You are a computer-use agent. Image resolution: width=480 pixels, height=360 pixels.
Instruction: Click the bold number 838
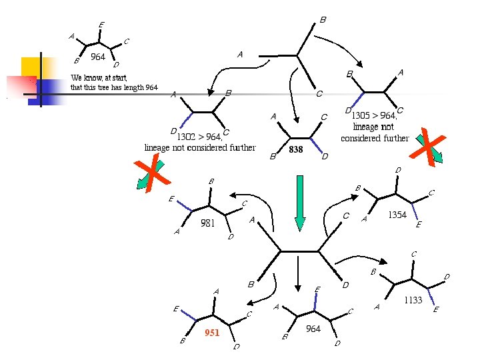point(295,150)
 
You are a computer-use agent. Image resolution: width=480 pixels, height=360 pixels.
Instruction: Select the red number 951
point(212,333)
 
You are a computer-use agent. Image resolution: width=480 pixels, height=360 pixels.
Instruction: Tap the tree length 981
point(208,223)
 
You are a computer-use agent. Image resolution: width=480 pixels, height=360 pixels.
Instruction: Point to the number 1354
point(397,215)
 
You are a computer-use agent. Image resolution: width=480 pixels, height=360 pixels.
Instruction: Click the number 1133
point(413,301)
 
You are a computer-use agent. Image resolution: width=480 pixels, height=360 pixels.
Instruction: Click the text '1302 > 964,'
point(199,137)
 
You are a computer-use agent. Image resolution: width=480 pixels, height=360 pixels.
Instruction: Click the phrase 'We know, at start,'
point(99,78)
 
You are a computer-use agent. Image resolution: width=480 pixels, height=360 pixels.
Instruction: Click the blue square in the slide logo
point(48,90)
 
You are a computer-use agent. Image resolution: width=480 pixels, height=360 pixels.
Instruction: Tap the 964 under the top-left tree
point(98,57)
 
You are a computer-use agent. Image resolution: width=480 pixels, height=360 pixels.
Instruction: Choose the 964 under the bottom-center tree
point(313,329)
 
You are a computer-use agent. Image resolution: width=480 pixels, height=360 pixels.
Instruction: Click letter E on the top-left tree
point(101,25)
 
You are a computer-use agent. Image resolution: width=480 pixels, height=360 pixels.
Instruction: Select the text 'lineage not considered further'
point(200,147)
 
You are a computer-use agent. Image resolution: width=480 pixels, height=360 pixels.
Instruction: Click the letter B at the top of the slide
point(323,20)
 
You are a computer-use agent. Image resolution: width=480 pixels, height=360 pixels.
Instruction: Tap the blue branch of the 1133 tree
point(430,293)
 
